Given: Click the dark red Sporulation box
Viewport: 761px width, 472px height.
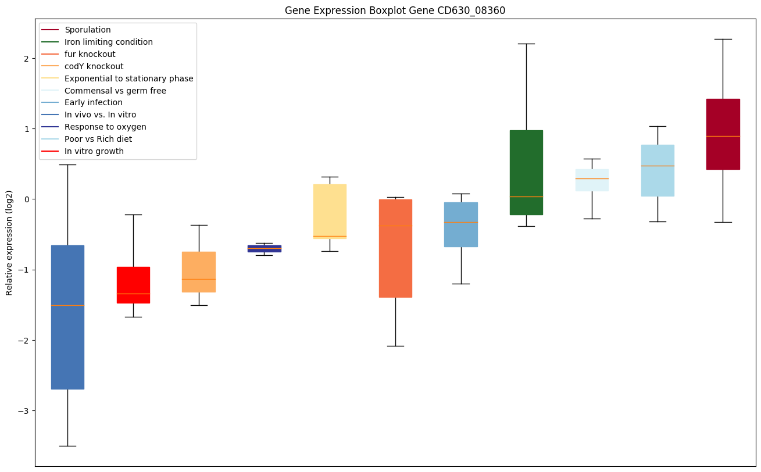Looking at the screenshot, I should [723, 134].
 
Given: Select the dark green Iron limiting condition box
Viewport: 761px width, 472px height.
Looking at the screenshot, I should [526, 172].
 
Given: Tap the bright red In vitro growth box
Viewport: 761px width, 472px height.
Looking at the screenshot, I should [133, 285].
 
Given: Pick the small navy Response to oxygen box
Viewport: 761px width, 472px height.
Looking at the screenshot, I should [265, 248].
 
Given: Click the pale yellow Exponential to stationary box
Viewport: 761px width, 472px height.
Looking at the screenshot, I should [330, 211].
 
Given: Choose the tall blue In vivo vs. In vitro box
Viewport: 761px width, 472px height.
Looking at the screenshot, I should [67, 317].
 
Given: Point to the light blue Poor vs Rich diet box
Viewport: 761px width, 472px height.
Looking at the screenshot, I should [658, 170].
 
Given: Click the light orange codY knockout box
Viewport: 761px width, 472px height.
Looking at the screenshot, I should [199, 271].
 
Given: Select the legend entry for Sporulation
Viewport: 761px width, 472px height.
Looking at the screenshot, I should [87, 30].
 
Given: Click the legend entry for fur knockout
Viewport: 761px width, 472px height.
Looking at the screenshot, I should [90, 54].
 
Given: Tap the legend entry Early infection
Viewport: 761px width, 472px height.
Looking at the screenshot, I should [93, 103].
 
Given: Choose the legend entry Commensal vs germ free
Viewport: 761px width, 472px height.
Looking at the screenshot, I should [115, 91].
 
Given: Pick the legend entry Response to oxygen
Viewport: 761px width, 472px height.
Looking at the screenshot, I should [105, 127].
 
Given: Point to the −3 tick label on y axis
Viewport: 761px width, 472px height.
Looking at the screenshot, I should [23, 411].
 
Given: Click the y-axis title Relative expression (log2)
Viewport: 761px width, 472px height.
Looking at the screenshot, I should [9, 234].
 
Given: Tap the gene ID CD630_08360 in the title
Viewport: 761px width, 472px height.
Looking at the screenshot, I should [465, 10].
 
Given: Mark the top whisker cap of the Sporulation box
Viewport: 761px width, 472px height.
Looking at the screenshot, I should [723, 39].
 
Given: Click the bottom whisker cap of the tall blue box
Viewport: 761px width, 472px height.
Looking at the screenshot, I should [67, 446].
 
